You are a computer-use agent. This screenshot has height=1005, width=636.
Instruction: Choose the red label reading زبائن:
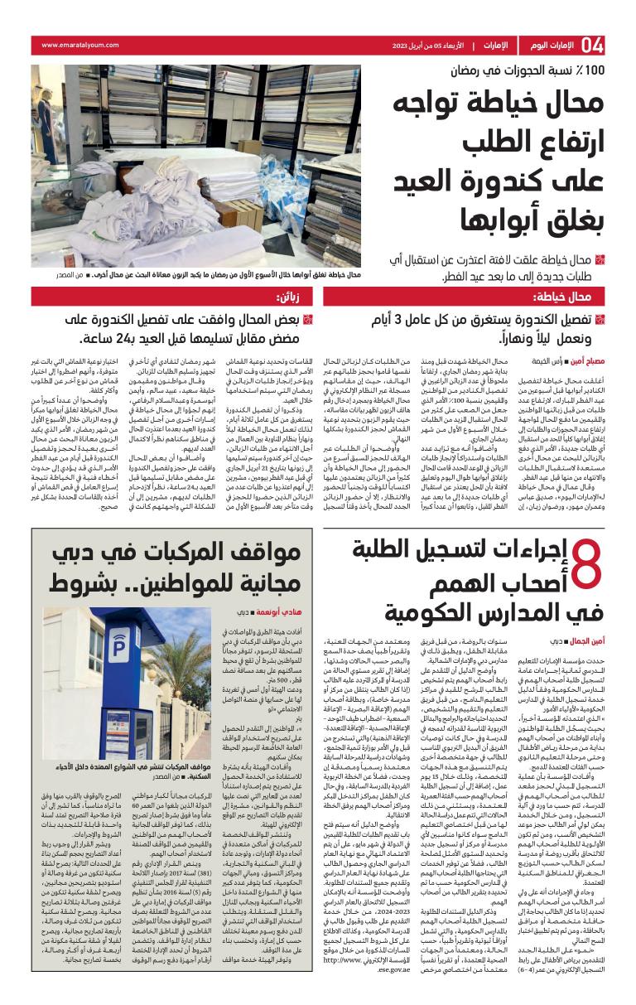pos(295,297)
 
